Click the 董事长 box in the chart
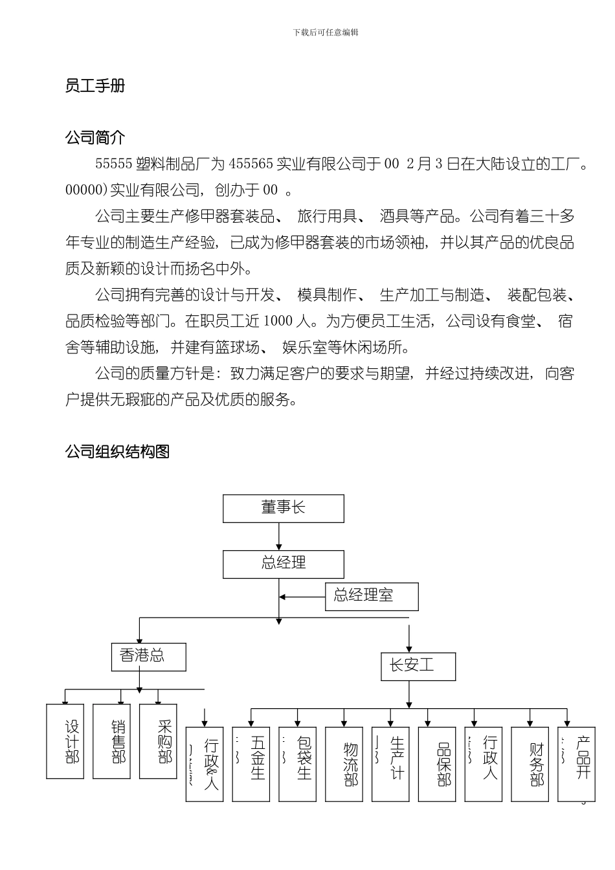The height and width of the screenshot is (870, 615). tap(284, 508)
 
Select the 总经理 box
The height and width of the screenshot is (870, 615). tap(284, 564)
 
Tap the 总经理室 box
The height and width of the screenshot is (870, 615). tap(372, 596)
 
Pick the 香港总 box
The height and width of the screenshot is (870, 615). tap(149, 656)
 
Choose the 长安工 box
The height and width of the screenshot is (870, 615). tap(418, 666)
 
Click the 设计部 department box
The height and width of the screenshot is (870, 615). tap(65, 741)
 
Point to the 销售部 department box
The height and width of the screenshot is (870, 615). tap(112, 741)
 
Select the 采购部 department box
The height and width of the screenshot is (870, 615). tap(159, 741)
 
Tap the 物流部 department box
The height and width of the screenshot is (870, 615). tap(344, 764)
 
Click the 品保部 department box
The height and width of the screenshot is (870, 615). tap(437, 764)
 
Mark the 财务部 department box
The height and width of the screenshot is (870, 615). tap(530, 764)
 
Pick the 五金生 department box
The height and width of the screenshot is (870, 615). tap(251, 764)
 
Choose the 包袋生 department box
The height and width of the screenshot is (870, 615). tap(298, 764)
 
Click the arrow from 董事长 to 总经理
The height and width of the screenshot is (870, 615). tap(279, 537)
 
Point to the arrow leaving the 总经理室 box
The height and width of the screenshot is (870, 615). tap(302, 597)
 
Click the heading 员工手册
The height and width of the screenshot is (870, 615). tap(95, 86)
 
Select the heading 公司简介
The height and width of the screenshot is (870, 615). tap(95, 137)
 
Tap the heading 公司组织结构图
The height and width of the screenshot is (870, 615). tap(117, 452)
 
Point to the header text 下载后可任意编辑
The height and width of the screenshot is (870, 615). tap(326, 32)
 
